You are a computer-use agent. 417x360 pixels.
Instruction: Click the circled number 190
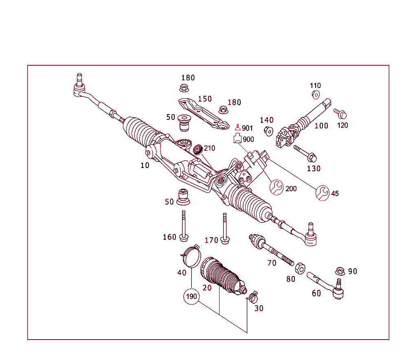pyautogui.click(x=191, y=296)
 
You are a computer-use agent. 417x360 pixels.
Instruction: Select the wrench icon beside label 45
pyautogui.click(x=323, y=193)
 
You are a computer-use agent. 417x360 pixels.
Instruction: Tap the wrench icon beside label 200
pyautogui.click(x=276, y=188)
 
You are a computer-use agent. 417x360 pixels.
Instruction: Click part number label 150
pyautogui.click(x=205, y=99)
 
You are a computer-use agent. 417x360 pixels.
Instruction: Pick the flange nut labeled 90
pyautogui.click(x=340, y=271)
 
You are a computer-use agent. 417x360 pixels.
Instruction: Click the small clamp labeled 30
pyautogui.click(x=252, y=297)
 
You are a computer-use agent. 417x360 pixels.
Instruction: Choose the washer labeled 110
pyautogui.click(x=315, y=95)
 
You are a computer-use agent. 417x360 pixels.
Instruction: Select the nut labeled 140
pyautogui.click(x=268, y=131)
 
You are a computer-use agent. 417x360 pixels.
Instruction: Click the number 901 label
pyautogui.click(x=247, y=128)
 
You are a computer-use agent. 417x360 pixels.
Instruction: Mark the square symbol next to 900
pyautogui.click(x=237, y=139)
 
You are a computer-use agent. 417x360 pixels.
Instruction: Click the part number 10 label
pyautogui.click(x=145, y=165)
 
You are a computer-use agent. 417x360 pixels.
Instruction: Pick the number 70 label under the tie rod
pyautogui.click(x=272, y=263)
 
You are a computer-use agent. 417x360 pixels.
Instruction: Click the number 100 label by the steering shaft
pyautogui.click(x=321, y=126)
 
